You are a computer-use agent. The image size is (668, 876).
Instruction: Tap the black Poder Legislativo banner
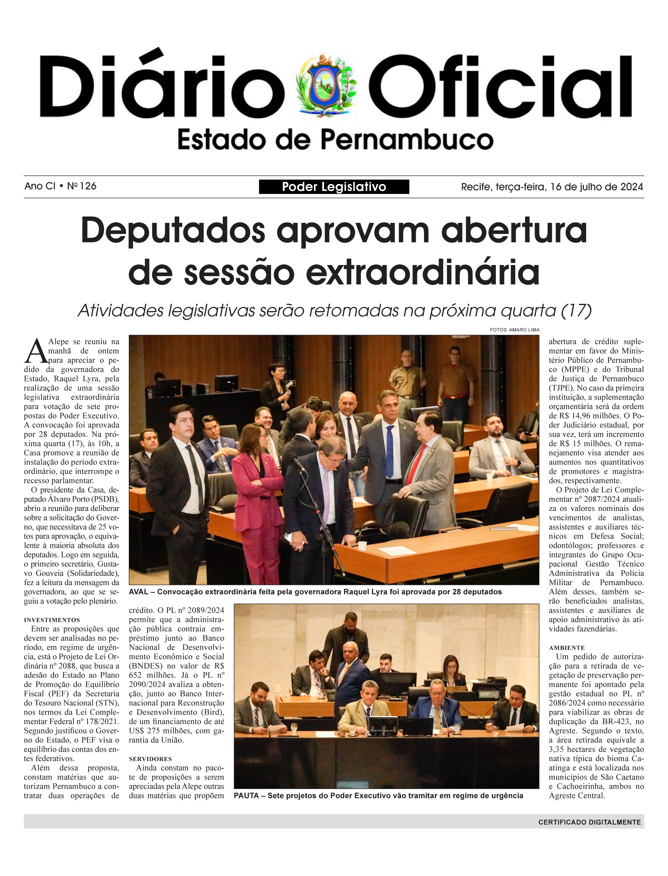click(334, 186)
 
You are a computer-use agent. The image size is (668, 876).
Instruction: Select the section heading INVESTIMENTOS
click(52, 620)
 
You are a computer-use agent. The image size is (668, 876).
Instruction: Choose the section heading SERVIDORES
click(150, 759)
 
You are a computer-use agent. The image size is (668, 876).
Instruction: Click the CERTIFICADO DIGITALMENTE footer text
click(589, 822)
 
